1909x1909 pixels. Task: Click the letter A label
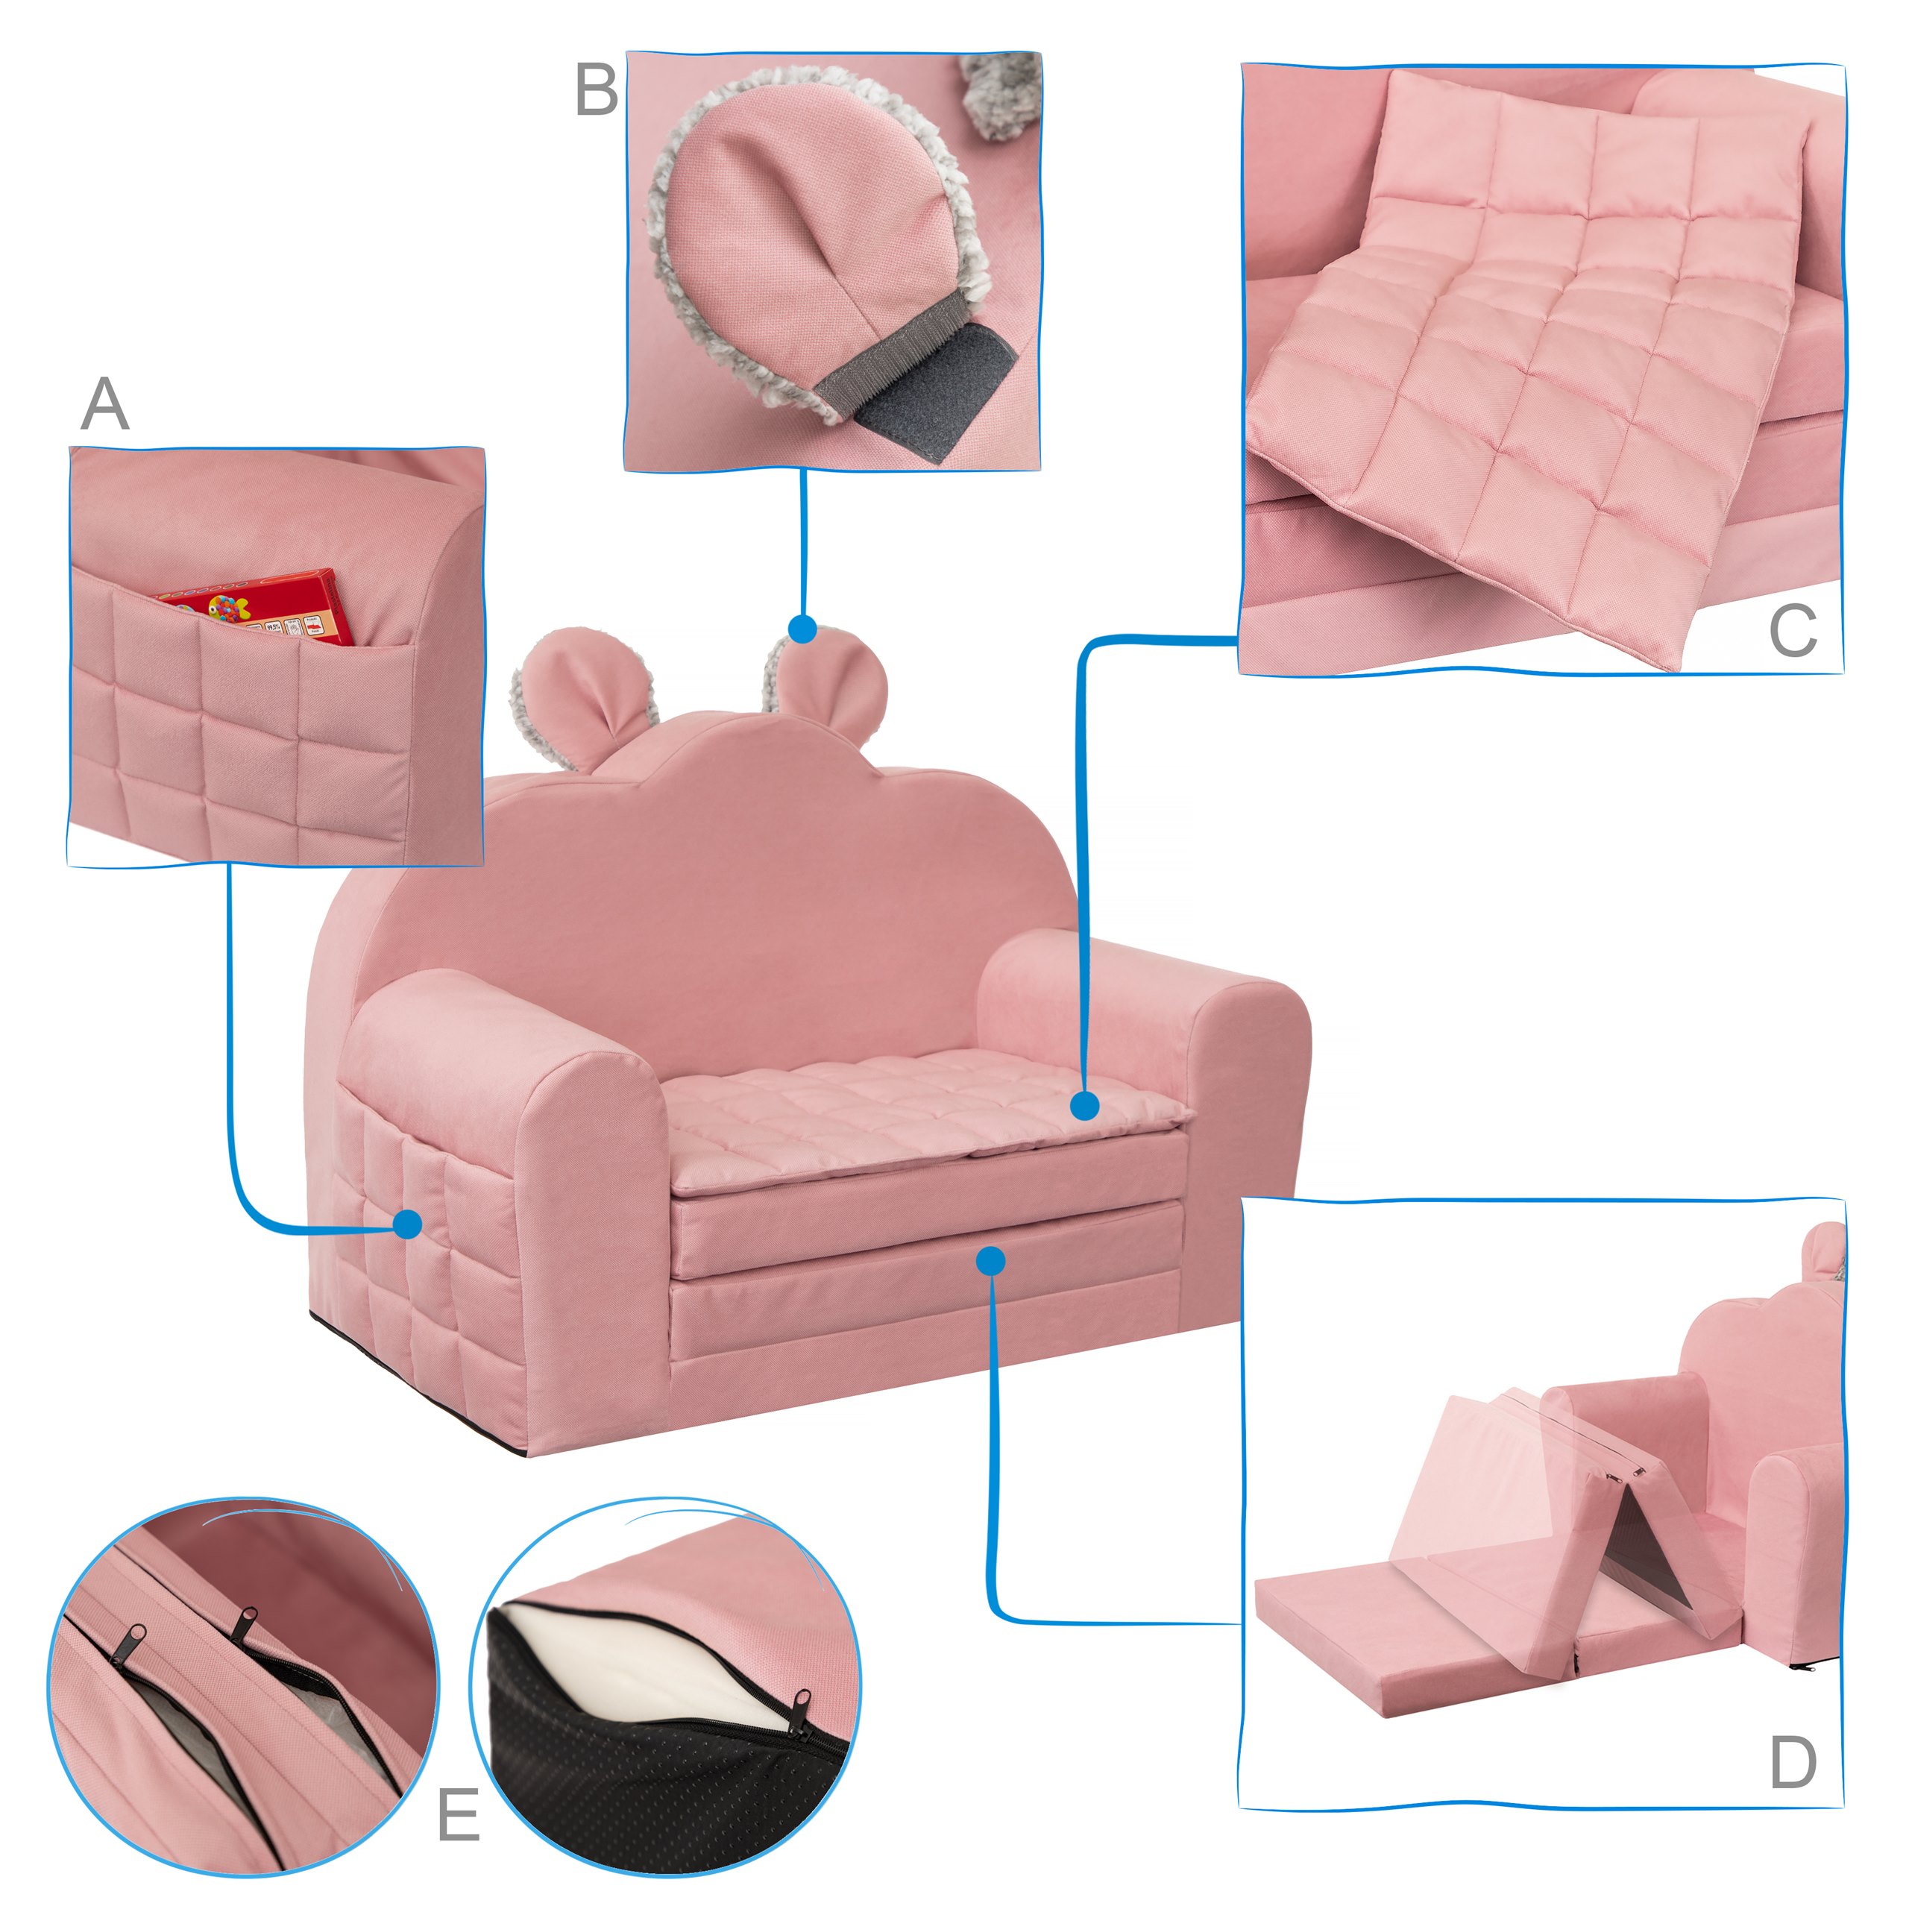point(104,404)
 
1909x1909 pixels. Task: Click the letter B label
point(596,91)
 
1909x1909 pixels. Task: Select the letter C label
point(1793,630)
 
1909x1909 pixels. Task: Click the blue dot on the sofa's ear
point(802,629)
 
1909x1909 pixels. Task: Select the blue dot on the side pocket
point(407,1225)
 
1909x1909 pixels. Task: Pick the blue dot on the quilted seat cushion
point(1085,1106)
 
